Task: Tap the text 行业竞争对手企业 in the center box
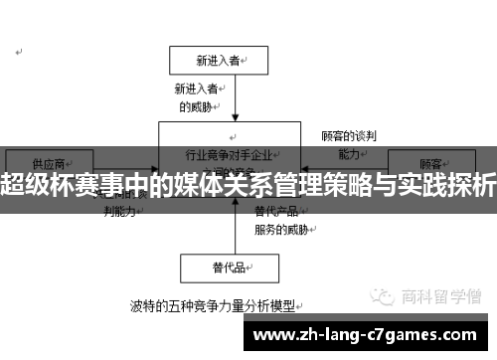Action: pyautogui.click(x=229, y=156)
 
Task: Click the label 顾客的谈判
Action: pyautogui.click(x=348, y=136)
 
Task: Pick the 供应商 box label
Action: pyautogui.click(x=49, y=162)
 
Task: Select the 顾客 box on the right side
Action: pyautogui.click(x=430, y=162)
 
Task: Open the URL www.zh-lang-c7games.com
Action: pyautogui.click(x=373, y=334)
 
